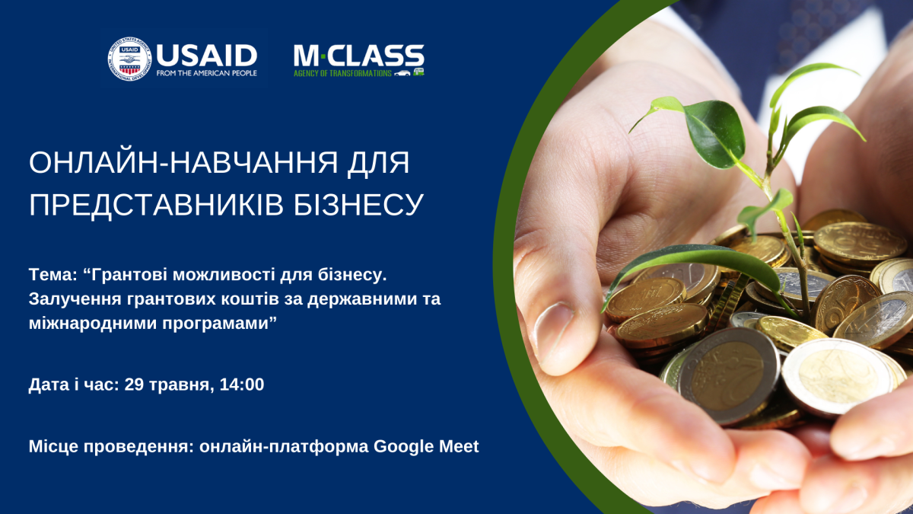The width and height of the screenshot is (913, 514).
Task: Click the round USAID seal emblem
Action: tap(129, 59)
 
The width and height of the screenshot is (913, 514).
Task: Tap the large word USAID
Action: tap(207, 56)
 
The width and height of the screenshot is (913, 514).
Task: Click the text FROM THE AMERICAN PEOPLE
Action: tap(207, 73)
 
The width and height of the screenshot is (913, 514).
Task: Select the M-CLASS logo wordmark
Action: tap(358, 56)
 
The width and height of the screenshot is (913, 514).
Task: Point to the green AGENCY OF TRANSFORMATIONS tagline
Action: tap(342, 73)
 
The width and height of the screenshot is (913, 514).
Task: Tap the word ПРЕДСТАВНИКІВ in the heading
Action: tap(156, 204)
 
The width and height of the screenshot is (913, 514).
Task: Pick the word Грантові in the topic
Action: tap(126, 276)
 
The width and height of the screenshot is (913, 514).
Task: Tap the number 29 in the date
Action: tap(134, 385)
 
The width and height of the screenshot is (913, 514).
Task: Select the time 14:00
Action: tap(242, 385)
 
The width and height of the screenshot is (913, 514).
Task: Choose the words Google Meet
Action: tap(426, 447)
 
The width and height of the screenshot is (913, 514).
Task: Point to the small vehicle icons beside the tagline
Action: tap(409, 73)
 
